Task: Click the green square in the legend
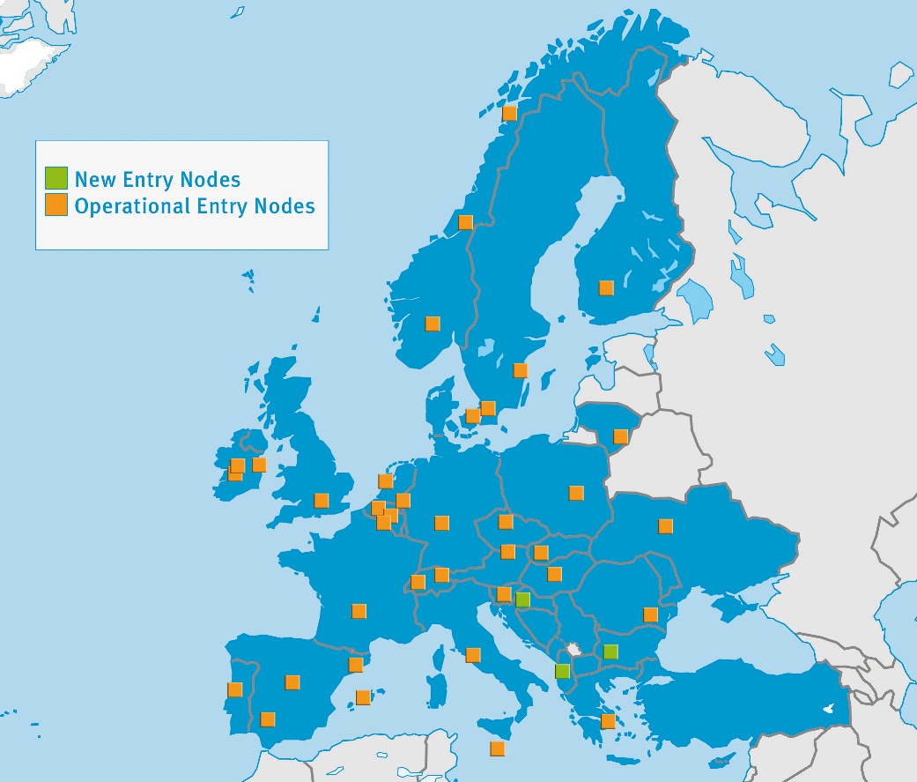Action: coord(56,178)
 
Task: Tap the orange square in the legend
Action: coord(56,205)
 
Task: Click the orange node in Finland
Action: coord(606,287)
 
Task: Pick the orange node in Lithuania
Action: coord(621,436)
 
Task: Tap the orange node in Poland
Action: coord(576,493)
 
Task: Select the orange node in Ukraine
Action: coord(666,526)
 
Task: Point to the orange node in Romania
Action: coord(651,614)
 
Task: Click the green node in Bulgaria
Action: coord(610,652)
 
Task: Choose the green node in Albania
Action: coord(563,671)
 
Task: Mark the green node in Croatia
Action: coord(522,600)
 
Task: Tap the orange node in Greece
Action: coord(608,721)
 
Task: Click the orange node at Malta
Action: coord(498,749)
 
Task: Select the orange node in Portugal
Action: coord(235,689)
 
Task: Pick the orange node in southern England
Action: coord(322,501)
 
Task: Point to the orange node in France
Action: coord(359,611)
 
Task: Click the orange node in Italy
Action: coord(473,655)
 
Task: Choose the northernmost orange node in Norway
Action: coord(509,113)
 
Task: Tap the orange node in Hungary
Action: coord(555,574)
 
